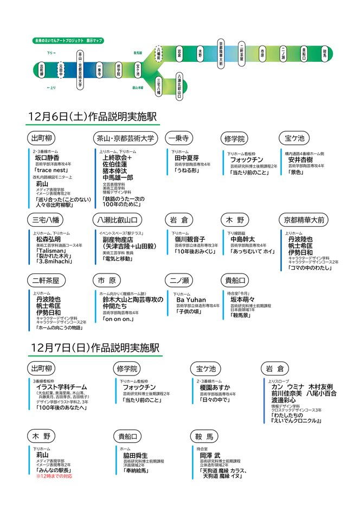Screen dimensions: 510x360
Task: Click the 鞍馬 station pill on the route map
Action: (324, 53)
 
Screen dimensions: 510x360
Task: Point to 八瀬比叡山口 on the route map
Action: (179, 86)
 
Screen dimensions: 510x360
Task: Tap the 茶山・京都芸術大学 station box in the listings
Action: (126, 138)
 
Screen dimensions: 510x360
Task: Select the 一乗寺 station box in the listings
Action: (178, 138)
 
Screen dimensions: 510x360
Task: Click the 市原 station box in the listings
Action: (106, 280)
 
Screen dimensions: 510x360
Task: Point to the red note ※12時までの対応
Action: (54, 476)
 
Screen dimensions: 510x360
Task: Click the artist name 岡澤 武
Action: (210, 456)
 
